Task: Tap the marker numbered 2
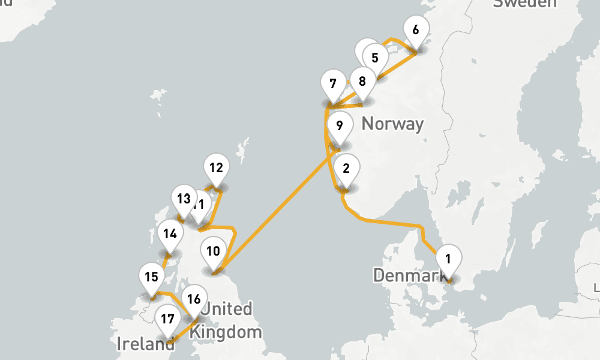(x=346, y=169)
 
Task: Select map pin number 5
(x=375, y=58)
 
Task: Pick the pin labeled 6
(x=416, y=29)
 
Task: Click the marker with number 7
(x=333, y=85)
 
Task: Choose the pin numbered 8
(x=362, y=81)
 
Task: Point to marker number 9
(x=340, y=127)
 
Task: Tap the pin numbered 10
(x=213, y=251)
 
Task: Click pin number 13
(x=183, y=199)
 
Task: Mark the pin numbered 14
(x=170, y=234)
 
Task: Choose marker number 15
(x=151, y=277)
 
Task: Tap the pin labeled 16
(x=193, y=299)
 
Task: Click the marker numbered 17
(x=166, y=318)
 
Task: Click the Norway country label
(x=393, y=124)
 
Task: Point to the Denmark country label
(x=411, y=275)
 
